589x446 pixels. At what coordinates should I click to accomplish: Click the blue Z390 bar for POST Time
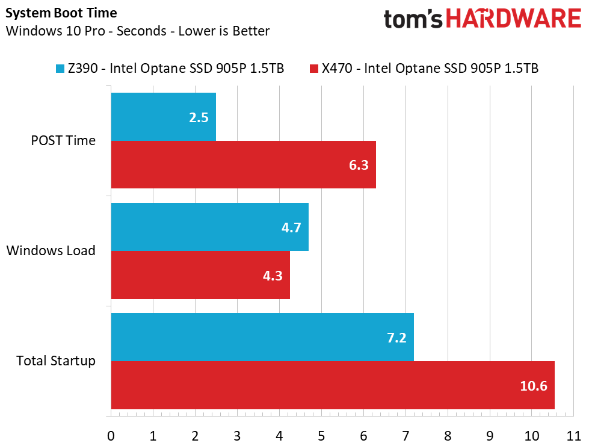coord(163,117)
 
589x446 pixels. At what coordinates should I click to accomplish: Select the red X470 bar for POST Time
coord(243,164)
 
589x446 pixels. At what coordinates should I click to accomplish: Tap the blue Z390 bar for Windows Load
coord(209,227)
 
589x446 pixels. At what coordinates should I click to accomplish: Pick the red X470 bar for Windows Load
coord(200,274)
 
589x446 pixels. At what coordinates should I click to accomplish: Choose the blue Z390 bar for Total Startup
coord(262,337)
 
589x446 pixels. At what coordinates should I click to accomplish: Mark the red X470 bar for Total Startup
coord(332,385)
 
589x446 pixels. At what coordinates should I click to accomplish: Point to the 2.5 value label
coord(199,117)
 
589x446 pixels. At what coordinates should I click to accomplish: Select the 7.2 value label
coord(397,338)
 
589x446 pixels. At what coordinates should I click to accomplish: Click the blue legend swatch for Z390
coord(60,69)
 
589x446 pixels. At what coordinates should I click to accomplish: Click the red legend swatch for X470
coord(313,69)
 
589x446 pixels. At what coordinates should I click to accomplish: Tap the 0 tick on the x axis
coord(111,435)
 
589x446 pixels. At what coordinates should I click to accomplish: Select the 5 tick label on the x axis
coord(321,435)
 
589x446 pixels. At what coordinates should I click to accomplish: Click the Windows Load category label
coord(51,250)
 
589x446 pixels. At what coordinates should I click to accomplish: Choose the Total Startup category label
coord(56,361)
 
